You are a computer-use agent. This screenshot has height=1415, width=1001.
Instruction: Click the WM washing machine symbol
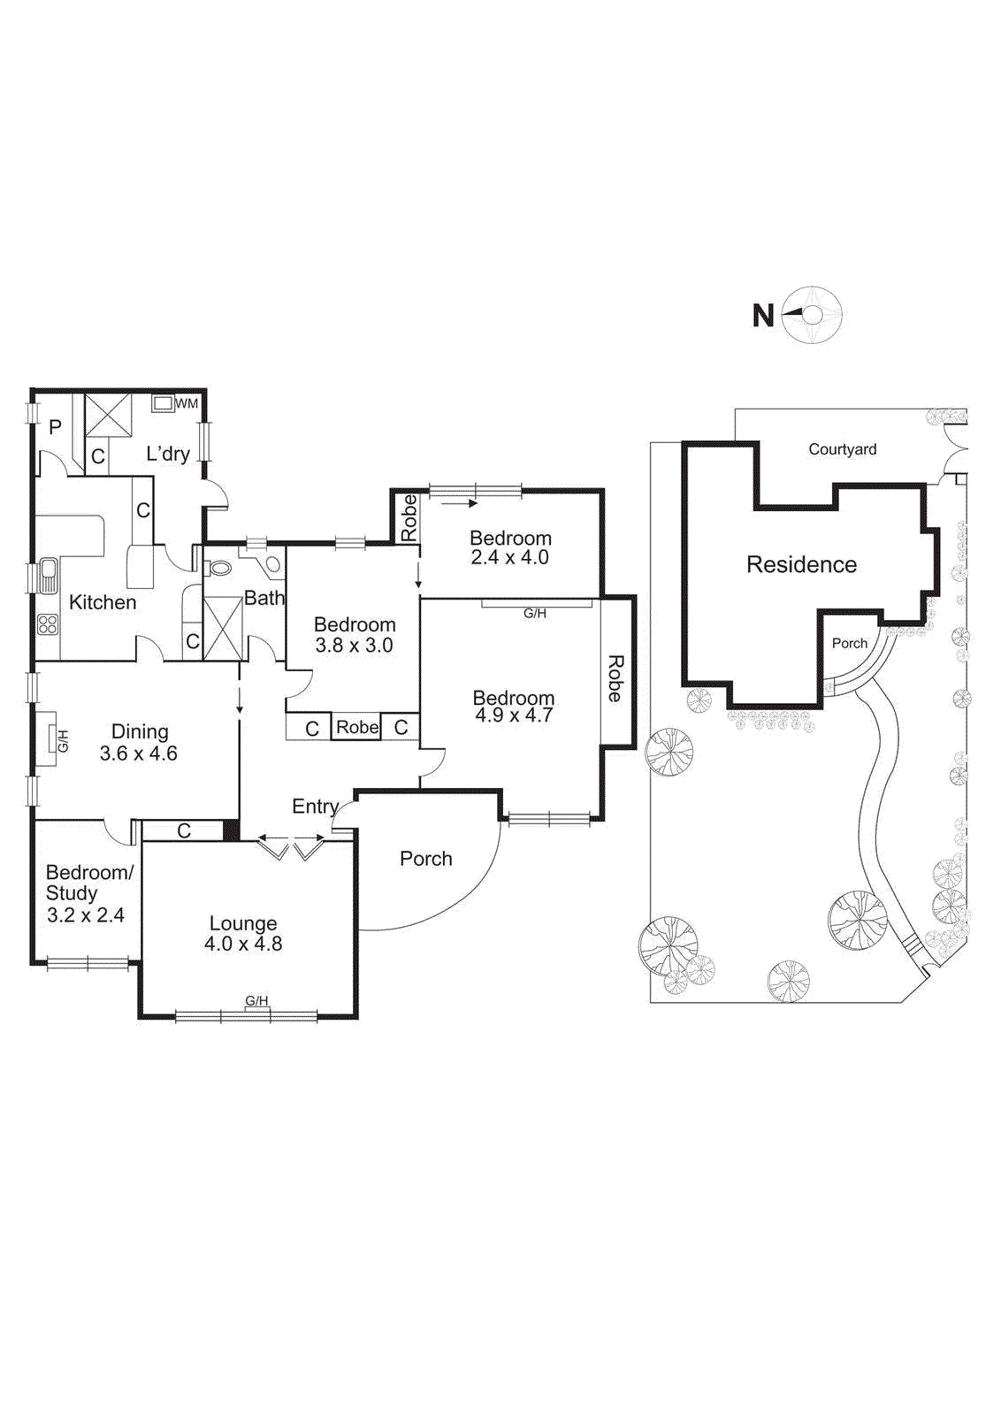[x=164, y=403]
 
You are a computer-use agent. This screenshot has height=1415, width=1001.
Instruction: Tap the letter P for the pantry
[x=55, y=428]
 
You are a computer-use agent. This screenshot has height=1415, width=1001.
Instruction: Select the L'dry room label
[x=168, y=454]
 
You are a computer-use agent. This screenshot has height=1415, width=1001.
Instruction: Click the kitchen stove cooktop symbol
[x=48, y=625]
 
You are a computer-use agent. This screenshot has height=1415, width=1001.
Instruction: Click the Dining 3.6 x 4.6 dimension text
[x=139, y=753]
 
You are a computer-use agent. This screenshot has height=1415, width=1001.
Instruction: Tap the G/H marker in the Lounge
[x=256, y=1001]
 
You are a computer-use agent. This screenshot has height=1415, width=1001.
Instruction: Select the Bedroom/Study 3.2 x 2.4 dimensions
[x=86, y=915]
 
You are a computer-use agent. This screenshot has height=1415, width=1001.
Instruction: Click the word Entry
[x=315, y=806]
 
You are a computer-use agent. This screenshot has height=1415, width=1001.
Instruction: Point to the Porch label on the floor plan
[x=425, y=859]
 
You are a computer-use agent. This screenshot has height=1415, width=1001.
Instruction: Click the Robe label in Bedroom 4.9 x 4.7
[x=615, y=678]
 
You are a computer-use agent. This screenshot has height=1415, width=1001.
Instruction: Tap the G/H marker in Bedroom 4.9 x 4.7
[x=535, y=613]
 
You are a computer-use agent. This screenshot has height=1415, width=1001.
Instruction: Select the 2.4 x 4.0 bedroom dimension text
[x=510, y=558]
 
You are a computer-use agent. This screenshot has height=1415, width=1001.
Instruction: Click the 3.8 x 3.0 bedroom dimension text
[x=354, y=646]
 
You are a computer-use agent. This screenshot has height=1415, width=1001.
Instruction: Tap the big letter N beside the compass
[x=763, y=316]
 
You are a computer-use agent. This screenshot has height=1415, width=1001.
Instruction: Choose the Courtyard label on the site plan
[x=842, y=449]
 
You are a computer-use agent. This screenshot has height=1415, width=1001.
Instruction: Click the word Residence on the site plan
[x=801, y=564]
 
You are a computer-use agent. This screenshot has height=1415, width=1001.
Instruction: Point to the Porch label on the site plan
[x=849, y=643]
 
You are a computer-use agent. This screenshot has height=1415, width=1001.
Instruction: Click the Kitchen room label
[x=103, y=602]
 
